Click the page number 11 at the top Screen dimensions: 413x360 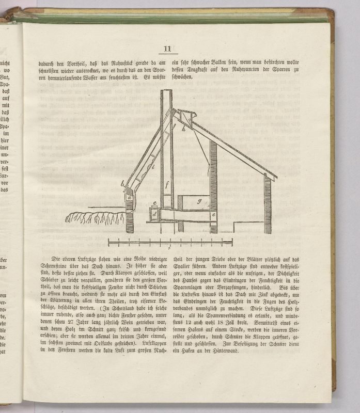tap(167, 49)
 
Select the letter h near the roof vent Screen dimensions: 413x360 tap(184, 129)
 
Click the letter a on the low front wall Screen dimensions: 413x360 tap(129, 197)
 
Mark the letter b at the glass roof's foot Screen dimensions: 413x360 tap(122, 184)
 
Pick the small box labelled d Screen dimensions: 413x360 tap(154, 213)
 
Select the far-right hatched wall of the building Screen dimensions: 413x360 tap(268, 204)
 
